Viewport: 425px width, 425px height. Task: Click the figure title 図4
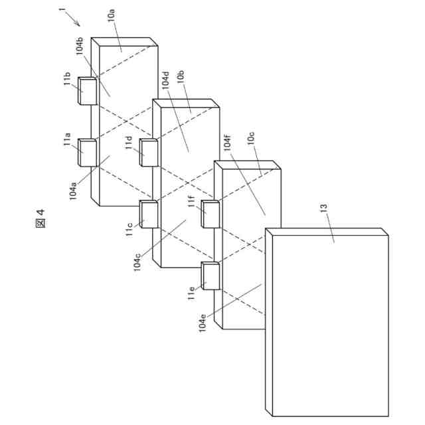click(41, 218)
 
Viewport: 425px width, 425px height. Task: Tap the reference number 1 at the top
click(61, 11)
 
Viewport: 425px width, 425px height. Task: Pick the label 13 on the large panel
click(325, 211)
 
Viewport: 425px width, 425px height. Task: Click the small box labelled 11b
click(88, 91)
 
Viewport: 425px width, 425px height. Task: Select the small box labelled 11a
click(88, 151)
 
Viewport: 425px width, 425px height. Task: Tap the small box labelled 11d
click(149, 153)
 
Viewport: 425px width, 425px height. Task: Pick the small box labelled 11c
click(149, 214)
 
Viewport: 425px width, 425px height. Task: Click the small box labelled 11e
click(210, 276)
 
